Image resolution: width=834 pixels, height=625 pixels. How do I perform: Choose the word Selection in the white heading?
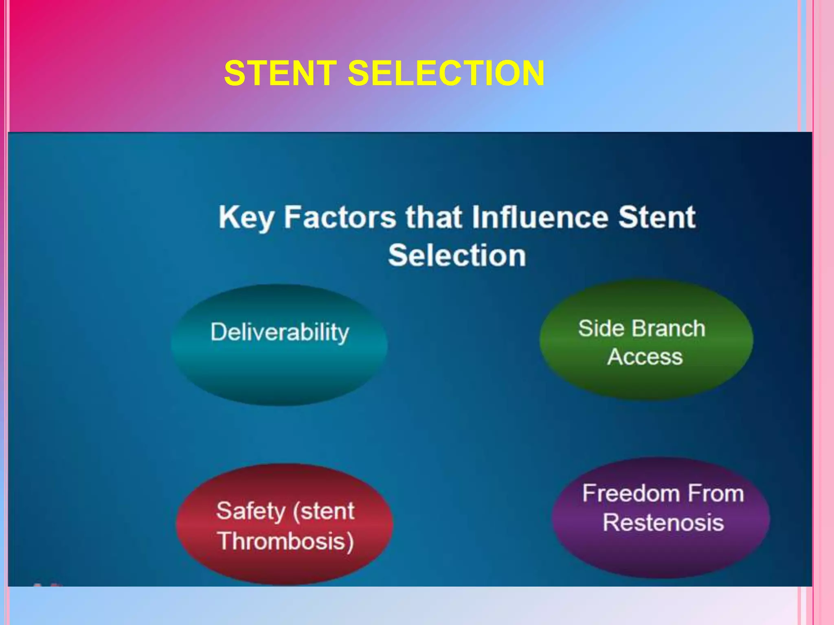(x=457, y=256)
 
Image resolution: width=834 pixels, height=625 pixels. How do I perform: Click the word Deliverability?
(x=280, y=332)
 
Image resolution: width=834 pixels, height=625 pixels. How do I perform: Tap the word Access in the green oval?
(x=645, y=357)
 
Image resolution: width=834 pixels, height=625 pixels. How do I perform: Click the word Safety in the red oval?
(x=250, y=511)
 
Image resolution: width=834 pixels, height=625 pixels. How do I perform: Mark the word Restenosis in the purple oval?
(x=663, y=522)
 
